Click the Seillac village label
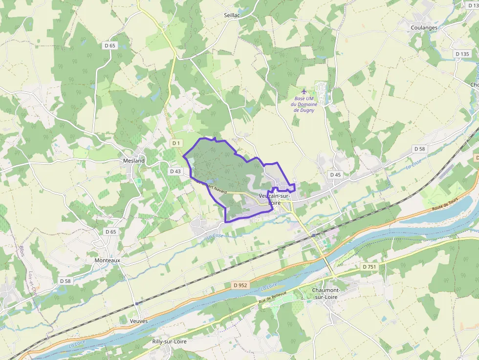pyautogui.click(x=232, y=16)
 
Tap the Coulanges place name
pyautogui.click(x=424, y=28)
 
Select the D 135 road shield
pyautogui.click(x=461, y=54)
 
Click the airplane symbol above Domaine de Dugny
pyautogui.click(x=305, y=91)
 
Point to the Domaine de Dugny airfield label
pyautogui.click(x=304, y=104)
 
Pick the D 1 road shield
pyautogui.click(x=176, y=143)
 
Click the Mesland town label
pyautogui.click(x=134, y=161)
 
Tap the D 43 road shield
pyautogui.click(x=175, y=171)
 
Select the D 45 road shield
pyautogui.click(x=335, y=174)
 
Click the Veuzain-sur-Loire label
pyautogui.click(x=274, y=199)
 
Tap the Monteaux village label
pyautogui.click(x=107, y=261)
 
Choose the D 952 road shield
pyautogui.click(x=240, y=285)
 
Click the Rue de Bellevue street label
pyautogui.click(x=272, y=299)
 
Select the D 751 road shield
pyautogui.click(x=370, y=267)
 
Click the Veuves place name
pyautogui.click(x=139, y=321)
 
